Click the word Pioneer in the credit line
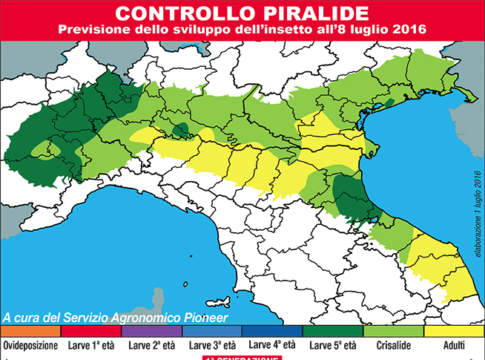pyautogui.click(x=203, y=318)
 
